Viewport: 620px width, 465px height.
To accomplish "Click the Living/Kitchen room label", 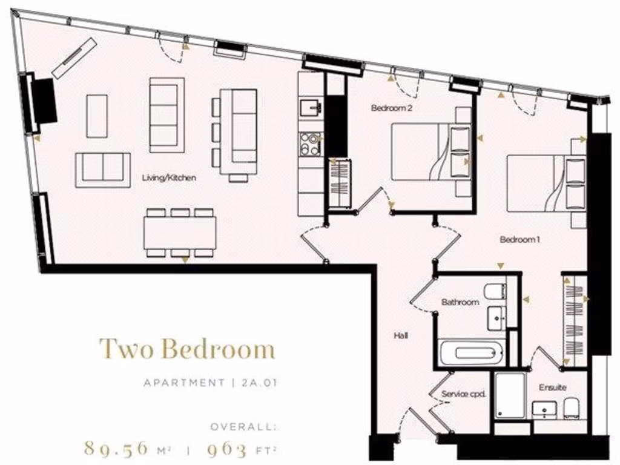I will pos(169,178).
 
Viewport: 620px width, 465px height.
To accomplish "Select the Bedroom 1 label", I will pos(519,240).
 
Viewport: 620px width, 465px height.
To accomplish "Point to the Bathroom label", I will pos(460,302).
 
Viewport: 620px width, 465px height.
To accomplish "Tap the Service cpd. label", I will pos(464,394).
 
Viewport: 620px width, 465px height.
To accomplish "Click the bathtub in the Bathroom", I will pos(471,353).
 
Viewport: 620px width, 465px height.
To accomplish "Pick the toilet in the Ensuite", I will pos(572,409).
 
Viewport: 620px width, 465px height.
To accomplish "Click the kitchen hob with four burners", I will pos(311,143).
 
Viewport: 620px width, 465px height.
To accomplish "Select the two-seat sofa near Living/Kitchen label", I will pos(102,170).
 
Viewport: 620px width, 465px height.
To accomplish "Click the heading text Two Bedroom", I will pos(187,349).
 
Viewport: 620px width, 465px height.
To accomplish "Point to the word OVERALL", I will pos(243,427).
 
